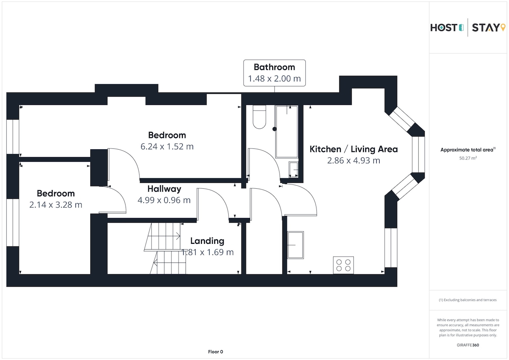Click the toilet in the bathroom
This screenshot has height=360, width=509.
pos(259,117)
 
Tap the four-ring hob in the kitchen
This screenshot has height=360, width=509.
pos(343,265)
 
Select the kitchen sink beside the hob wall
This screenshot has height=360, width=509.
pos(295,245)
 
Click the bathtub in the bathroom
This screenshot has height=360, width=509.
pos(287,131)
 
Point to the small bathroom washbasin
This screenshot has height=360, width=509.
pos(294,170)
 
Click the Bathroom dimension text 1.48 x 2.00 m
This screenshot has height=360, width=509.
pos(274,78)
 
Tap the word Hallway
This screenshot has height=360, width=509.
pos(164,189)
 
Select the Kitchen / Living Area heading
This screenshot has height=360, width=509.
pos(354,149)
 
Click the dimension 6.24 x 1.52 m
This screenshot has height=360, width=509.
pos(167,146)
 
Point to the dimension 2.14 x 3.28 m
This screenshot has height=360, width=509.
pos(56,205)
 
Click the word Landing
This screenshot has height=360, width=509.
pos(207,241)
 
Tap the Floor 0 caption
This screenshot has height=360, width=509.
pos(215,352)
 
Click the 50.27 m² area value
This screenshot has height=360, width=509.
pos(468,158)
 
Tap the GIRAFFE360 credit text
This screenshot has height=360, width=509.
pos(468,345)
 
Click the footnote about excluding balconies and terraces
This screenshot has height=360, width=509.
pos(467,300)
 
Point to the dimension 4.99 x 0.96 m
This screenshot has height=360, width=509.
pos(164,200)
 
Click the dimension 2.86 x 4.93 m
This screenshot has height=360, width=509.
pos(354,161)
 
